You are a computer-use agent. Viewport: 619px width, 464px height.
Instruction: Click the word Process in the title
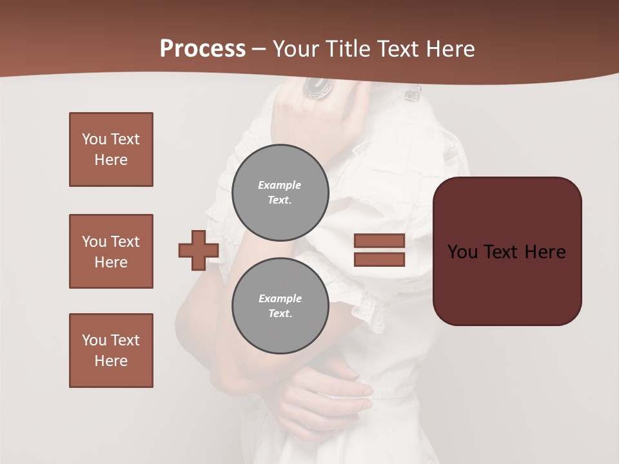click(202, 48)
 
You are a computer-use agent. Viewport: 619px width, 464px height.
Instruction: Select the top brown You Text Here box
click(111, 150)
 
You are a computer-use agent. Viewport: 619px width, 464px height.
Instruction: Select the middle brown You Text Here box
click(111, 251)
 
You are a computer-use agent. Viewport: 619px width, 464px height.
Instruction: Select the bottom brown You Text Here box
click(111, 351)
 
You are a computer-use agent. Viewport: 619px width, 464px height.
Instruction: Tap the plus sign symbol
click(198, 250)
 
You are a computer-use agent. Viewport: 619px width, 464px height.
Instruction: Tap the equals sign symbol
click(379, 250)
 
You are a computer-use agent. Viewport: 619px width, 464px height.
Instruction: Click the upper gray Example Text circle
click(280, 192)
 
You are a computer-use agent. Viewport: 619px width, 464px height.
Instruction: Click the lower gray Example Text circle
click(280, 305)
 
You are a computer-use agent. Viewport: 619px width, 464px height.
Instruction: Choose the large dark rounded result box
click(507, 251)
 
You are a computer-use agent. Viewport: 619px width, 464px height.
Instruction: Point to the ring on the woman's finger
click(318, 87)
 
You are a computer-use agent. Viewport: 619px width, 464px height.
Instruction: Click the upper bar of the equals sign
click(379, 240)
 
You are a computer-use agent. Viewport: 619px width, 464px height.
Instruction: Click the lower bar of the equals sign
click(379, 259)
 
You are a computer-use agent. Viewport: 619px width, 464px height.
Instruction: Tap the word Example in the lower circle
click(280, 298)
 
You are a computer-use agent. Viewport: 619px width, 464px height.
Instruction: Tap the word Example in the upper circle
click(280, 185)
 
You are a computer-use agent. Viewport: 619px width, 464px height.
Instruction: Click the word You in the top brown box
click(93, 139)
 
